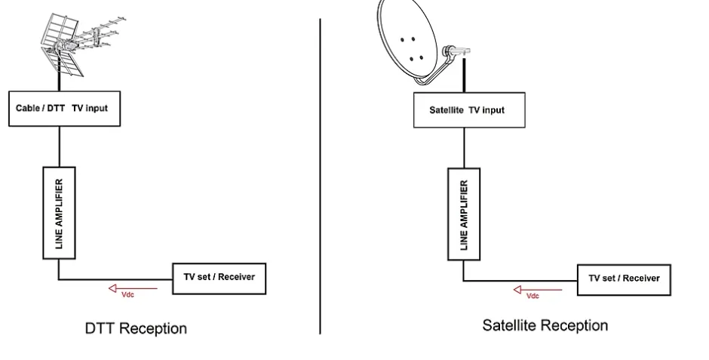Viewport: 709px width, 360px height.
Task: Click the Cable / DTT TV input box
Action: pyautogui.click(x=64, y=108)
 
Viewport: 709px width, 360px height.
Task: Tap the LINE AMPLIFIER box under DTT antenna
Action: pyautogui.click(x=59, y=212)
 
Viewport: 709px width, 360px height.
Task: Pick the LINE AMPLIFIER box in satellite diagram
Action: pyautogui.click(x=463, y=214)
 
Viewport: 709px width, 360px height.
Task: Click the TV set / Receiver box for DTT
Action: pyautogui.click(x=219, y=277)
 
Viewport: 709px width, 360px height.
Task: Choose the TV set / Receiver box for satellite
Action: pyautogui.click(x=623, y=278)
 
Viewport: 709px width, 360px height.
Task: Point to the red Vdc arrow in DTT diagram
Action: pyautogui.click(x=133, y=287)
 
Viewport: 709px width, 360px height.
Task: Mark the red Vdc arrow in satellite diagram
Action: pyautogui.click(x=537, y=289)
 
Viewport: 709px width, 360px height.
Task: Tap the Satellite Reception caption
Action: pyautogui.click(x=545, y=325)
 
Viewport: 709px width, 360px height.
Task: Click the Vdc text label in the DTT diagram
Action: pyautogui.click(x=128, y=294)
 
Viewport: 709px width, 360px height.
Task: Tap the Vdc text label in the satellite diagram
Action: pyautogui.click(x=533, y=296)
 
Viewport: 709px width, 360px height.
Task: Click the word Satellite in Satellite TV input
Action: pyautogui.click(x=447, y=110)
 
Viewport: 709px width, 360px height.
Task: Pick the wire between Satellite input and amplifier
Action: pyautogui.click(x=463, y=144)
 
